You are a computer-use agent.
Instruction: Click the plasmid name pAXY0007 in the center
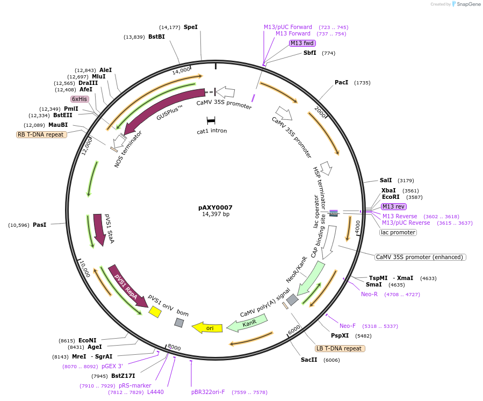(x=215, y=207)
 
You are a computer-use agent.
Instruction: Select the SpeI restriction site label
(x=191, y=27)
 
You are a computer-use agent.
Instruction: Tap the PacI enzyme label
(x=341, y=83)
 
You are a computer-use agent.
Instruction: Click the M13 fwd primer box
(x=302, y=43)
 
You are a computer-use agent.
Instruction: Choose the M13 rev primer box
(x=394, y=206)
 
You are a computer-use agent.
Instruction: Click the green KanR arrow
(x=248, y=323)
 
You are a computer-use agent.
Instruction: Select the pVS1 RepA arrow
(x=127, y=285)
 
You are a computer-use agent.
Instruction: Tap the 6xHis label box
(x=80, y=99)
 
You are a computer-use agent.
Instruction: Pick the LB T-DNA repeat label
(x=340, y=348)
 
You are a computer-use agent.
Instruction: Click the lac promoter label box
(x=398, y=232)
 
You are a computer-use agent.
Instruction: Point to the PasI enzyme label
(x=40, y=225)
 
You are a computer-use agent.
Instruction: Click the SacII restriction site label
(x=309, y=360)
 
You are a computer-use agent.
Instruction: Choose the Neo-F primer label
(x=347, y=326)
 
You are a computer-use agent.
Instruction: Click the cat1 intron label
(x=212, y=131)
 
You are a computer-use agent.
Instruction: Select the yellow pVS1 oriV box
(x=155, y=311)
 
